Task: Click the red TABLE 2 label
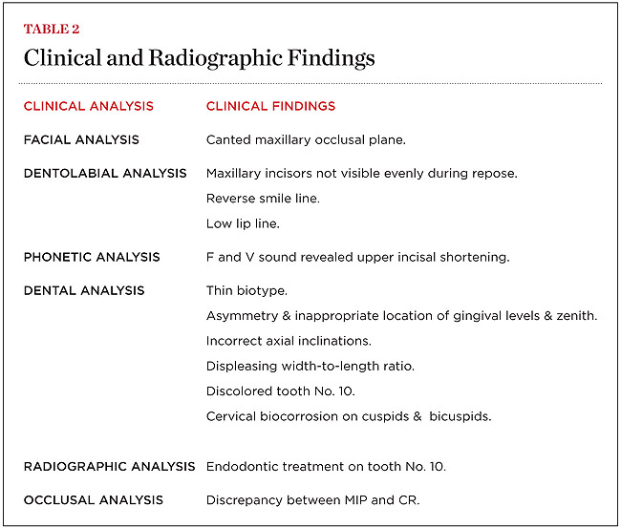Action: point(53,29)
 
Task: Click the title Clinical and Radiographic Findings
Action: point(199,58)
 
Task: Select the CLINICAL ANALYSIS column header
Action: point(88,106)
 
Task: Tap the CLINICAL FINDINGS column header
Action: point(270,106)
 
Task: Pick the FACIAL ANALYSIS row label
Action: point(81,139)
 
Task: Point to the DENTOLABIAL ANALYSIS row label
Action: point(105,174)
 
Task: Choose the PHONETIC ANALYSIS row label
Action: point(92,257)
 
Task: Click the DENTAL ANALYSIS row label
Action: point(84,290)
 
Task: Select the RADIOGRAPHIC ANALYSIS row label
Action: point(110,466)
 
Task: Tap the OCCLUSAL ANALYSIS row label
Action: point(94,499)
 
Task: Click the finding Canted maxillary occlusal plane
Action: point(306,139)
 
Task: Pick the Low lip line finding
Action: point(244,223)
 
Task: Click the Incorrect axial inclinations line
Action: point(289,341)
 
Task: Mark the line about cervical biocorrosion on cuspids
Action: point(349,416)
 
